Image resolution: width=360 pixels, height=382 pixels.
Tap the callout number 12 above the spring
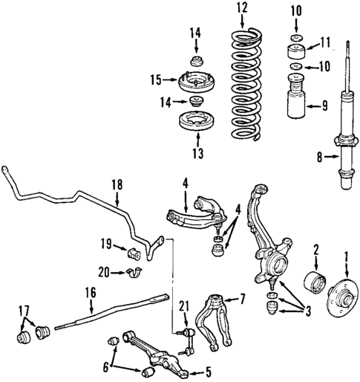[240, 8]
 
